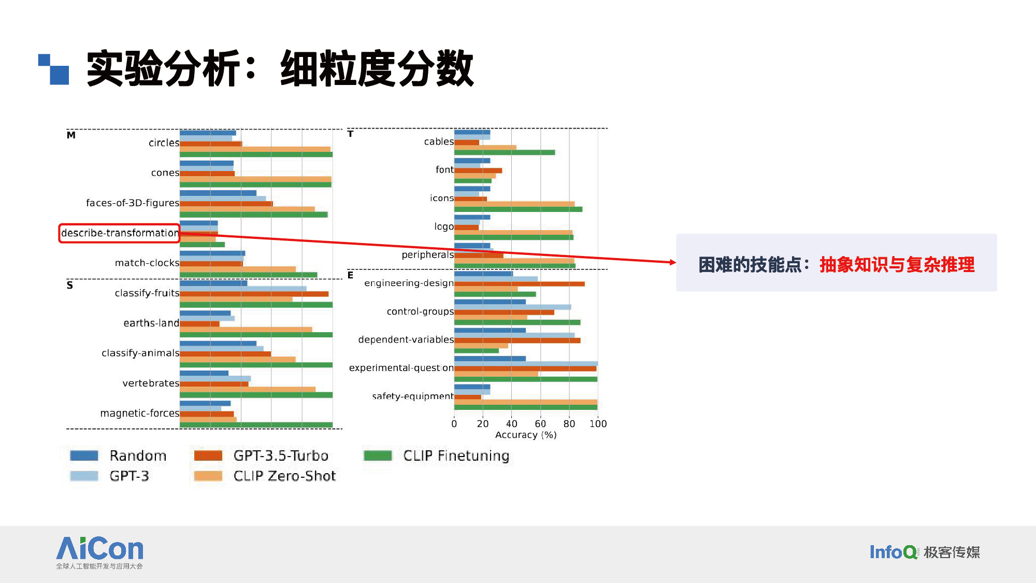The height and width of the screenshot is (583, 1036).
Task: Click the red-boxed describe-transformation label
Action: (x=120, y=233)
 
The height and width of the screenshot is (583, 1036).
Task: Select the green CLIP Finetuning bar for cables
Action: (x=505, y=152)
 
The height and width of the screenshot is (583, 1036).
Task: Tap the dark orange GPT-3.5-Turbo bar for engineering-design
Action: (x=520, y=284)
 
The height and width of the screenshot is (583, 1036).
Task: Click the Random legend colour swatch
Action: (x=84, y=456)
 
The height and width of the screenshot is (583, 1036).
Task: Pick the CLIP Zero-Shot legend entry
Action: (x=265, y=476)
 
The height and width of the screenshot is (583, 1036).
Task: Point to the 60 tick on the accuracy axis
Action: (x=540, y=424)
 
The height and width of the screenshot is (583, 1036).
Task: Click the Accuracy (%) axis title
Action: (x=526, y=435)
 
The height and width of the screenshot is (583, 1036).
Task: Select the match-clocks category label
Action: (x=147, y=263)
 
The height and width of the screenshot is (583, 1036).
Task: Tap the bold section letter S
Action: (x=70, y=285)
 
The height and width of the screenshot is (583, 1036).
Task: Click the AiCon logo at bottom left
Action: (x=99, y=552)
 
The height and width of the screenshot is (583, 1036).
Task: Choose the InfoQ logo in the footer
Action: (x=924, y=552)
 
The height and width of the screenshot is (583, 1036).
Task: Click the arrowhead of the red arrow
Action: (x=673, y=262)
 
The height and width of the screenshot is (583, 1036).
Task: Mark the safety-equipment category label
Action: (x=413, y=396)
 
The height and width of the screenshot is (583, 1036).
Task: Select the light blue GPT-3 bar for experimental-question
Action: (x=526, y=364)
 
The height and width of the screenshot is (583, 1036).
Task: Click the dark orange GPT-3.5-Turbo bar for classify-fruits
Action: (x=254, y=294)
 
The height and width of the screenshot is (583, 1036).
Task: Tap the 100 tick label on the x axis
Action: (x=598, y=424)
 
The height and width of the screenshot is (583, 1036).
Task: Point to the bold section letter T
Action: (x=350, y=134)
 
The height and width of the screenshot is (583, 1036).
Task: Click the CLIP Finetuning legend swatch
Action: (x=378, y=456)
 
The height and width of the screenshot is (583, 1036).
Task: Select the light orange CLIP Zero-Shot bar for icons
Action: (x=514, y=204)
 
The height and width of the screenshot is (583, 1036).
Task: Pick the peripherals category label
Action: (x=428, y=254)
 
